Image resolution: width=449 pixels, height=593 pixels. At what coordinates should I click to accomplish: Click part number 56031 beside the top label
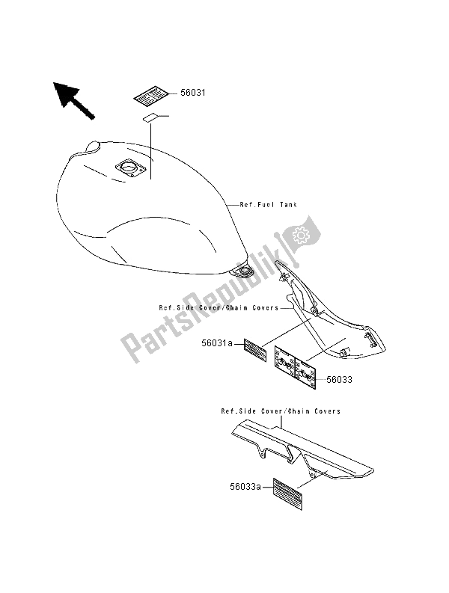point(193,93)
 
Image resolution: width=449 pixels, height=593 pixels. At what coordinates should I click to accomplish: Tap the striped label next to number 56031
point(153,96)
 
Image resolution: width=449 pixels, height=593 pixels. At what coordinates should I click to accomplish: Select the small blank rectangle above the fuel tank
point(150,117)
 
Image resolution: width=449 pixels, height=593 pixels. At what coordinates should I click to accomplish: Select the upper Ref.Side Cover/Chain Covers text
point(207,307)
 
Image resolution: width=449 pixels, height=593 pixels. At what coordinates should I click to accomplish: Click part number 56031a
point(217,345)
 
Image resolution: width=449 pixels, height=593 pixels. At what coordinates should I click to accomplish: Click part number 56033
point(339,379)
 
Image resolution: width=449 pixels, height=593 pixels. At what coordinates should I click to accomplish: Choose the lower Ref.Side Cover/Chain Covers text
point(280,411)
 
